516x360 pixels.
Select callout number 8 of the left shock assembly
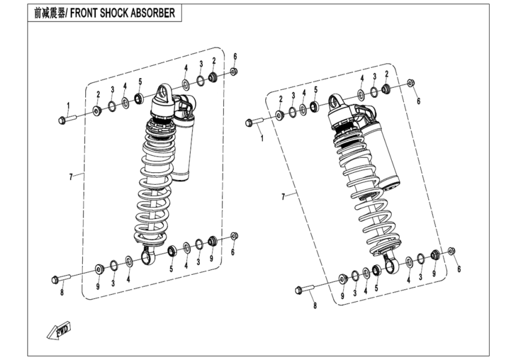(x=61, y=292)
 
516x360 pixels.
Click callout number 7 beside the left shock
(x=71, y=176)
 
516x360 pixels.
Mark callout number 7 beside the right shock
(x=284, y=196)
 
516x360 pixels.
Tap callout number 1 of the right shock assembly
(x=262, y=138)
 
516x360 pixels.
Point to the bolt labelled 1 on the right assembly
(x=254, y=123)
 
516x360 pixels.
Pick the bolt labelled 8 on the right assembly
(x=305, y=291)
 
